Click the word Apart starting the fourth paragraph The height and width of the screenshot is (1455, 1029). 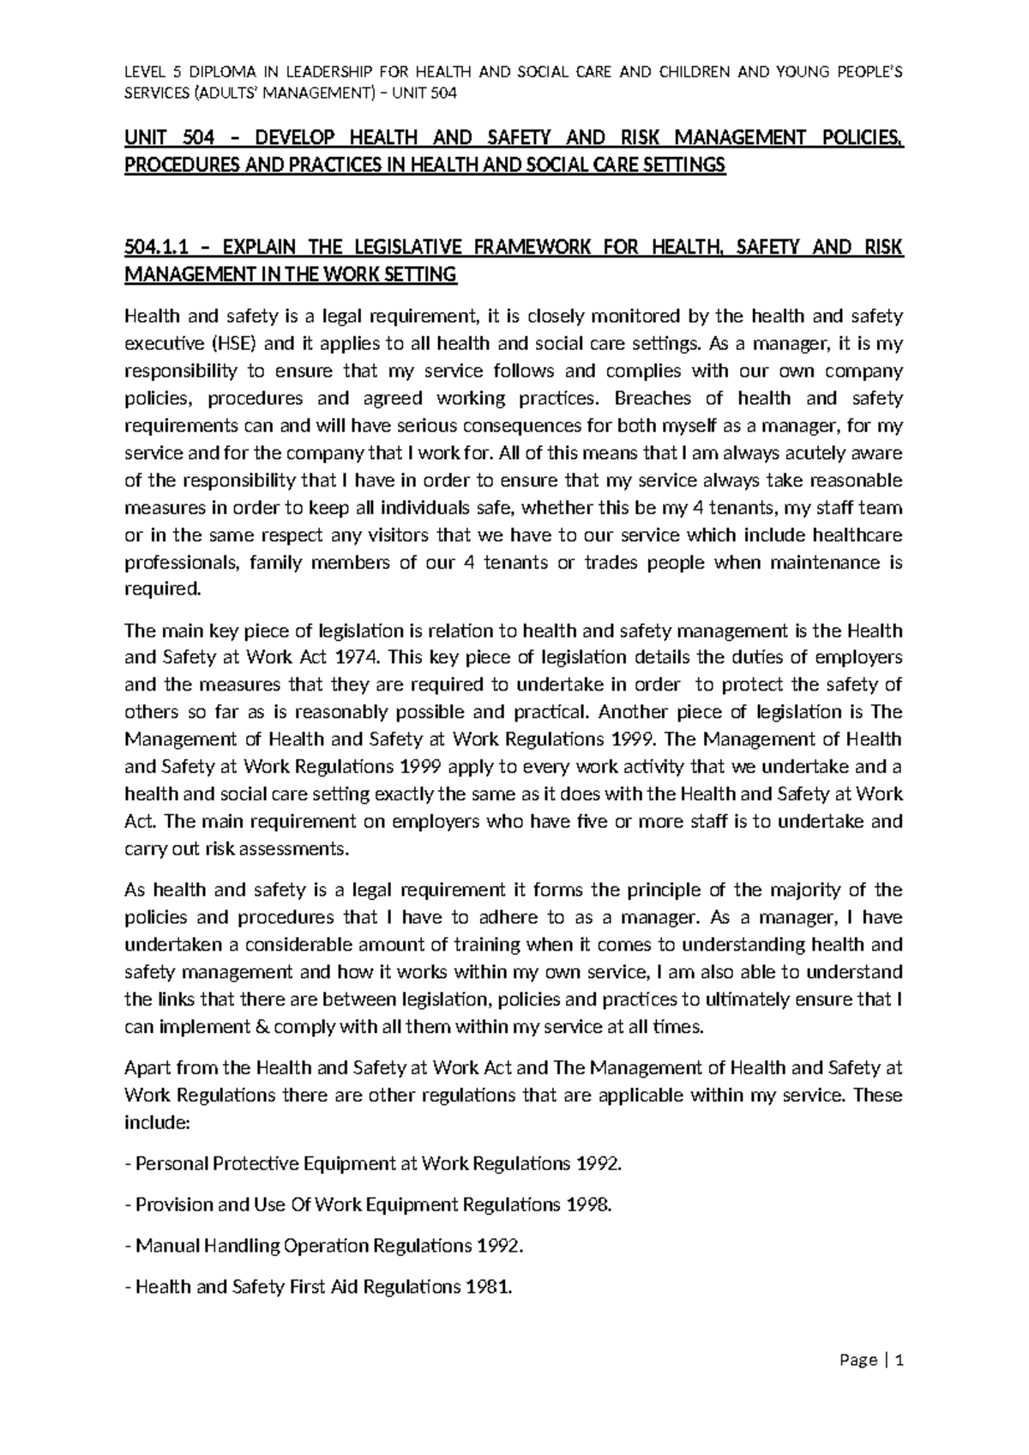[147, 1068]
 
